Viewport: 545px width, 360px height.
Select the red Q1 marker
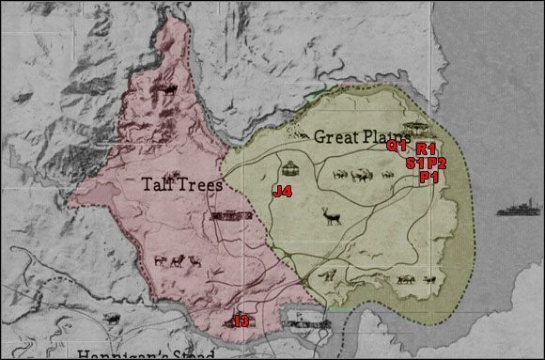pyautogui.click(x=397, y=146)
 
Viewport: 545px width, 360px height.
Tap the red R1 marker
pyautogui.click(x=426, y=149)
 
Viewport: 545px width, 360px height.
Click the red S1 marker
pyautogui.click(x=415, y=163)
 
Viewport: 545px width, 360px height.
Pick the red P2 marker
pyautogui.click(x=436, y=163)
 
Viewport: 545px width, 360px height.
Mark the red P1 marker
pyautogui.click(x=430, y=177)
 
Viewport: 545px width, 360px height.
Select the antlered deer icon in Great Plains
pyautogui.click(x=331, y=216)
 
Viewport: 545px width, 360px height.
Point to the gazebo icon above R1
pyautogui.click(x=413, y=128)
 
